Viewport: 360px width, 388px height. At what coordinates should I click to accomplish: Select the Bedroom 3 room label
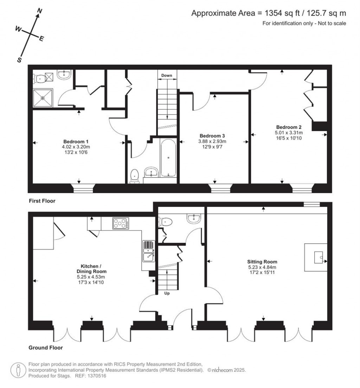tap(212, 136)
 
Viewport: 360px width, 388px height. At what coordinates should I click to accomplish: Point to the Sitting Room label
tap(262, 262)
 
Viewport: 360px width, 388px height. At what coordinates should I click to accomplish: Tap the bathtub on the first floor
tap(168, 157)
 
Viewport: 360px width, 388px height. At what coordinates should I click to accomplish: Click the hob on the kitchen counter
tap(121, 223)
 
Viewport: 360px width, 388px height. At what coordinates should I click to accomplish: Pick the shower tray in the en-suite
tap(43, 98)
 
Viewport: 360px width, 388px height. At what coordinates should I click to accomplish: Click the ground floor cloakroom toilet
tap(166, 222)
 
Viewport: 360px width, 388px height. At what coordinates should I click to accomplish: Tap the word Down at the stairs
tap(167, 76)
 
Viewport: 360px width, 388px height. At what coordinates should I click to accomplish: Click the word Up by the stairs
tap(167, 293)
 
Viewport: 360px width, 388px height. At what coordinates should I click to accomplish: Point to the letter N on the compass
tap(40, 11)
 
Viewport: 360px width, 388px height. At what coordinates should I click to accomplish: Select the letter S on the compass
tap(20, 60)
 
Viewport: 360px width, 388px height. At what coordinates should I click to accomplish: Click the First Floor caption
tap(42, 201)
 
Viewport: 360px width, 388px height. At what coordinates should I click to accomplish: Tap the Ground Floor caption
tap(45, 348)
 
